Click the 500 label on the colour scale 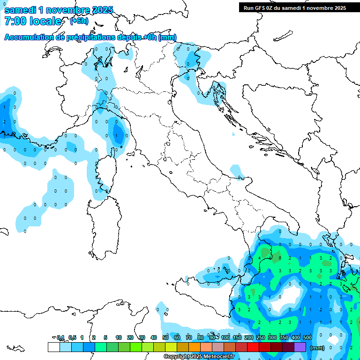click(x=307, y=337)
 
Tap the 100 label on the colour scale click(x=225, y=337)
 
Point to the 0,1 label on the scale click(x=60, y=337)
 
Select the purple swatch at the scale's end click(x=300, y=347)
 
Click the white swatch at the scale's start click(x=53, y=347)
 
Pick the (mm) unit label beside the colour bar click(x=317, y=348)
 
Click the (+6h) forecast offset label click(x=79, y=21)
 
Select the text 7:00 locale click(x=33, y=21)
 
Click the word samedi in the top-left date click(x=21, y=9)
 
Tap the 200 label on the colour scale click(x=249, y=337)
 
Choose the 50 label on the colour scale click(x=165, y=337)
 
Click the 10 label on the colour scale click(x=119, y=337)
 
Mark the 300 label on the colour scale click(x=272, y=337)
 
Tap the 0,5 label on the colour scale click(x=72, y=337)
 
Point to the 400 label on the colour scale click(x=296, y=337)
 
